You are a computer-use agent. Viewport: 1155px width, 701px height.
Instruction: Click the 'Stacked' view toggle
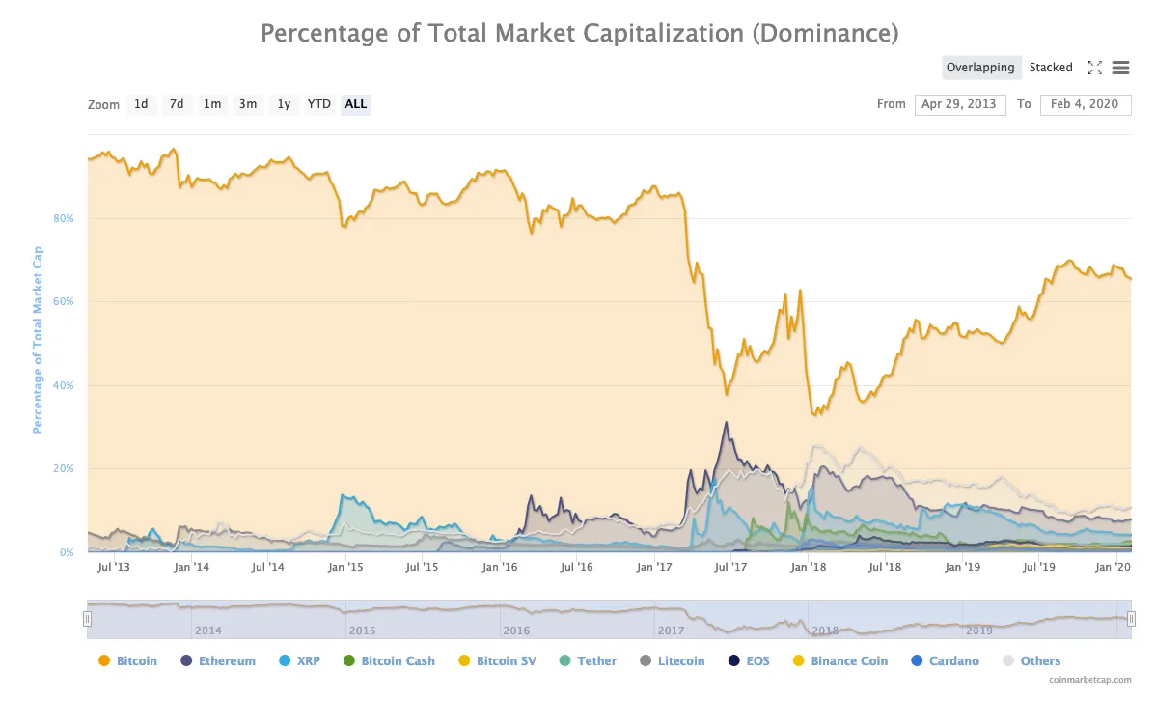[1051, 68]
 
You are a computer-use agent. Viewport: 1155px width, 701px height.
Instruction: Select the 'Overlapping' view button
[979, 68]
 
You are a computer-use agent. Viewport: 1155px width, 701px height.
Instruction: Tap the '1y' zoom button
[284, 104]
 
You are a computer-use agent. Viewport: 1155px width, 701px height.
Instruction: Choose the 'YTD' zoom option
[319, 104]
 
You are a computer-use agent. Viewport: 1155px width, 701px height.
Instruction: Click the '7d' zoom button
[177, 104]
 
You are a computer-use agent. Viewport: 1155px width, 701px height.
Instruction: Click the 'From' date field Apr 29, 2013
[959, 104]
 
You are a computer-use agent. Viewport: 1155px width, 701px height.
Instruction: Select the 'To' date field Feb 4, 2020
[1085, 104]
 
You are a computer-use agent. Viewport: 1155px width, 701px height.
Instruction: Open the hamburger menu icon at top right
[1120, 68]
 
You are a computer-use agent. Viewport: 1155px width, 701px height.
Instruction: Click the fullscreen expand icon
[1094, 68]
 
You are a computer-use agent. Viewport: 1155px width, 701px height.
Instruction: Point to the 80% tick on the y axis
[64, 218]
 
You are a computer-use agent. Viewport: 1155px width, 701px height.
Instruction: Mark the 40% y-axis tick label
[64, 385]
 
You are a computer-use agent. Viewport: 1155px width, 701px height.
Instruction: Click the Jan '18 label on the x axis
[808, 567]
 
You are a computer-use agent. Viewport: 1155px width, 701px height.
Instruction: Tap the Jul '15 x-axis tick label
[422, 567]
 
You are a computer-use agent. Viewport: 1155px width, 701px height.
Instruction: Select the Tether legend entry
[588, 661]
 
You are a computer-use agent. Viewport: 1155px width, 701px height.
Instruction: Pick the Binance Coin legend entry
[839, 661]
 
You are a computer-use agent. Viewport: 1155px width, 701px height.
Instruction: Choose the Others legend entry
[1031, 661]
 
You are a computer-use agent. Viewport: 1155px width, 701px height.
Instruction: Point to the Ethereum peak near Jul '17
[726, 422]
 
